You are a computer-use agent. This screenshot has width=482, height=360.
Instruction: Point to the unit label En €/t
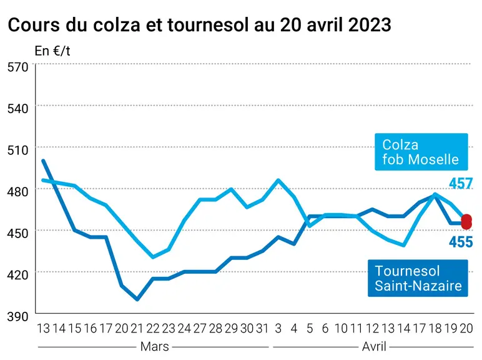point(52,51)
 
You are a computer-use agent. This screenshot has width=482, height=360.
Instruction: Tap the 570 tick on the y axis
point(17,67)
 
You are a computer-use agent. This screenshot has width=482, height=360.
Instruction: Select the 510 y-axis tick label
point(17,150)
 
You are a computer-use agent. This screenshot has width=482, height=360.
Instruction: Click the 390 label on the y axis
point(17,316)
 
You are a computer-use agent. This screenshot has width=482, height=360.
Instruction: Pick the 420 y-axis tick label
point(17,275)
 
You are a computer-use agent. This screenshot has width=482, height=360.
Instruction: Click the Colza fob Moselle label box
point(421,152)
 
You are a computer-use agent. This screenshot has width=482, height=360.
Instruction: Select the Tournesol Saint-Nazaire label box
point(418,278)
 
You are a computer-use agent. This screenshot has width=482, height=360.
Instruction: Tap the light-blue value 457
point(461,184)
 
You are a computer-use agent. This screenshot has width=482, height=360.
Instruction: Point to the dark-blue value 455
point(461,242)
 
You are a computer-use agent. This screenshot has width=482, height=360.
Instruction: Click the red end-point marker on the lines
point(466,222)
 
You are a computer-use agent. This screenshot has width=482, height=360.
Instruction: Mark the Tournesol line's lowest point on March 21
point(137,299)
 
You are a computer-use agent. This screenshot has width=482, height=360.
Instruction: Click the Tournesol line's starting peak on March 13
point(43,161)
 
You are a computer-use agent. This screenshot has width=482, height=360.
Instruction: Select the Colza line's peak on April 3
point(278,180)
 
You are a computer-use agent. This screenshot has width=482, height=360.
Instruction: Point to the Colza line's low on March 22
point(153,257)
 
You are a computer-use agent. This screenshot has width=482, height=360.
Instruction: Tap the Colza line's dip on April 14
point(403,245)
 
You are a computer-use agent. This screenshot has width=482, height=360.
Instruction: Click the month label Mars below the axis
point(155,347)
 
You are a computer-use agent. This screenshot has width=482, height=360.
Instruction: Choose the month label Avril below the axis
point(374,347)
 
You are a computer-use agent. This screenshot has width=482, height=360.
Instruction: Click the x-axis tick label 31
point(262,329)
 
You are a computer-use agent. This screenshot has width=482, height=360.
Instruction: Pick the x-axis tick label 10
point(341,329)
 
